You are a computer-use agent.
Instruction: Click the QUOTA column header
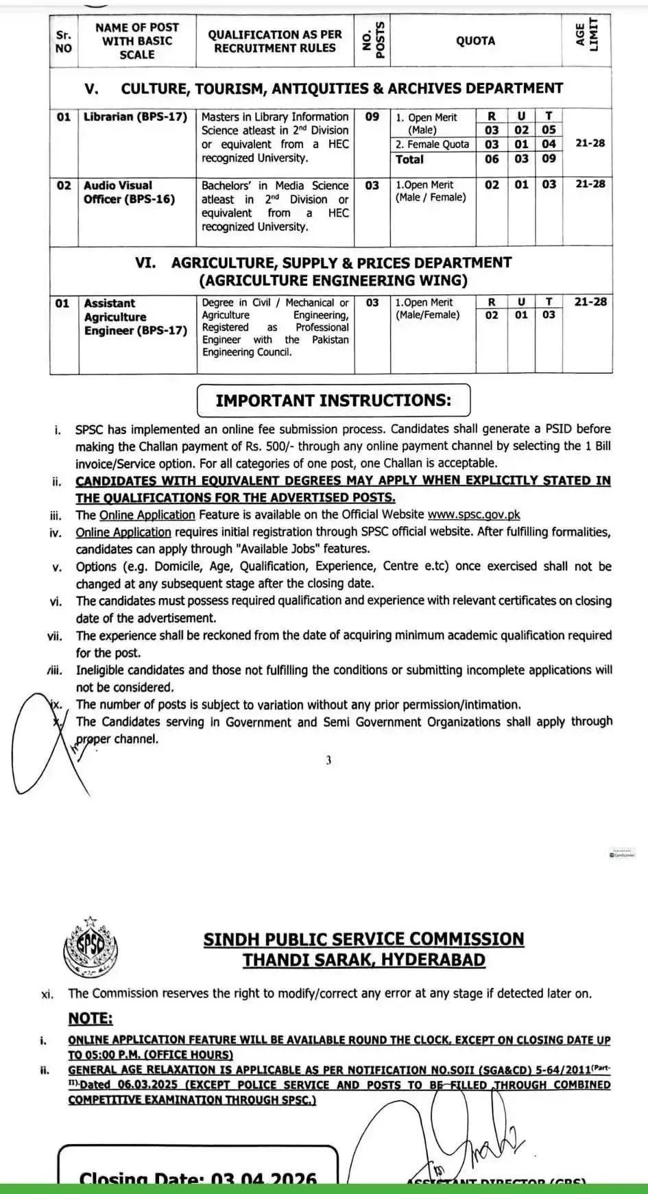[x=475, y=41]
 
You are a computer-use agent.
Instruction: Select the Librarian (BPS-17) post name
[x=135, y=117]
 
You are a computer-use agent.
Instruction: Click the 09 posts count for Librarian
[x=372, y=117]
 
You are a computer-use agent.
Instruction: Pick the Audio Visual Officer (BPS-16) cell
[x=130, y=192]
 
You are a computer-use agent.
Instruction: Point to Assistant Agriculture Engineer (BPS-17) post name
[x=135, y=317]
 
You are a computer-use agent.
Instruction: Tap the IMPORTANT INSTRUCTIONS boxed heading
[x=333, y=401]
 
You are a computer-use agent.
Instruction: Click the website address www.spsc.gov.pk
[x=474, y=514]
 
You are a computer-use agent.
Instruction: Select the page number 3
[x=328, y=760]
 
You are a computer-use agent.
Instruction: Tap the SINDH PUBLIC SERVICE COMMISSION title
[x=363, y=940]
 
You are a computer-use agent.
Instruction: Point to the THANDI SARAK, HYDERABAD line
[x=363, y=960]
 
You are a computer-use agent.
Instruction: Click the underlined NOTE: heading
[x=90, y=1019]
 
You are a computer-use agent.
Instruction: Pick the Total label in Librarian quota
[x=409, y=159]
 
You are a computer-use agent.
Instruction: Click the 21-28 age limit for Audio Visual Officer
[x=590, y=184]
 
